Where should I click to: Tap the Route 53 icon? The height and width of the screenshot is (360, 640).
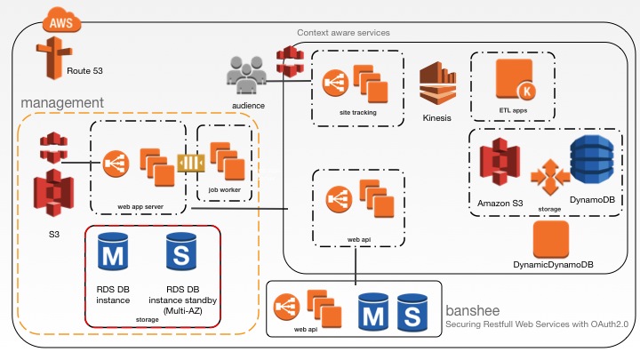pos(50,60)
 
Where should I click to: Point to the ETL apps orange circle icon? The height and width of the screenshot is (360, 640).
pos(513,87)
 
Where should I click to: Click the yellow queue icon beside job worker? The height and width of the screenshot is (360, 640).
pos(191,165)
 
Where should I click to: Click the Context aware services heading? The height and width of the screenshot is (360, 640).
pos(343,33)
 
